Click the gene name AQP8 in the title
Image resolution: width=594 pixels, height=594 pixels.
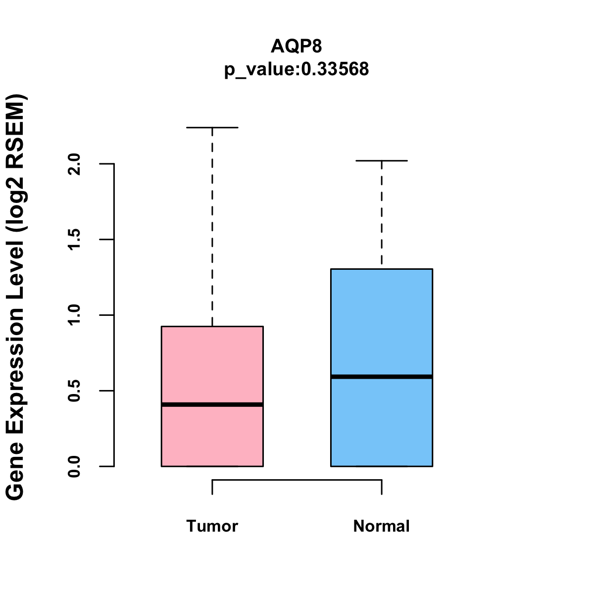click(x=297, y=47)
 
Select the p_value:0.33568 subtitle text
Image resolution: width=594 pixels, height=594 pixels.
click(x=297, y=69)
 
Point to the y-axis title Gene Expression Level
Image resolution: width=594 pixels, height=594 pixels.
click(x=16, y=297)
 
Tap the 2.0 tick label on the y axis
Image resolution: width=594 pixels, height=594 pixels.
click(x=74, y=164)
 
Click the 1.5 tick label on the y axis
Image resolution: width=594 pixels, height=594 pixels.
click(x=74, y=240)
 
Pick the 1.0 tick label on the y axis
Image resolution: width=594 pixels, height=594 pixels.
click(x=74, y=315)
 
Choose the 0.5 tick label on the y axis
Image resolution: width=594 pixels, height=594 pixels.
click(x=74, y=391)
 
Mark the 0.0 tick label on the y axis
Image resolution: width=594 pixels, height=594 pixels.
click(x=74, y=466)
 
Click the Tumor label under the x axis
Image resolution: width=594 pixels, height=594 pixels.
click(x=212, y=526)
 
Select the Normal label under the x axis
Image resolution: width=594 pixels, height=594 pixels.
click(x=382, y=526)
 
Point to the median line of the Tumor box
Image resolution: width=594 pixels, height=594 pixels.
click(x=212, y=405)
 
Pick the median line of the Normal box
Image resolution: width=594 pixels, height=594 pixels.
click(x=382, y=377)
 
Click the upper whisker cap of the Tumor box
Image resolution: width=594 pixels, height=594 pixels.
click(x=212, y=128)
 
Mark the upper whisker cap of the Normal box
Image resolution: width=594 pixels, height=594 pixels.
click(x=382, y=161)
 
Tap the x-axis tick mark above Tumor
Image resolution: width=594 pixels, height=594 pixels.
click(x=212, y=487)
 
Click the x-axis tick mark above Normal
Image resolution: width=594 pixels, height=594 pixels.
click(x=382, y=487)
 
